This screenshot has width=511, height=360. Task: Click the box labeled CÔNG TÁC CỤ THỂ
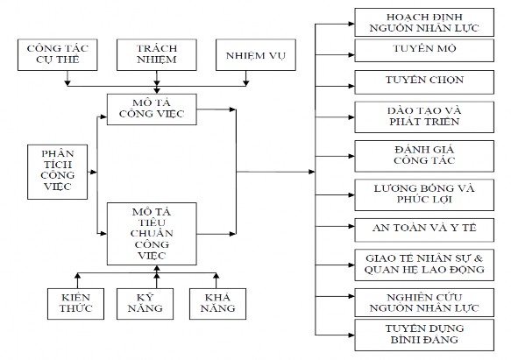[x=62, y=53]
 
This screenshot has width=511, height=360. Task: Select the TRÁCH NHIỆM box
[x=156, y=53]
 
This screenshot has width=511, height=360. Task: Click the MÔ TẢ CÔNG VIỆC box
[x=158, y=109]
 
